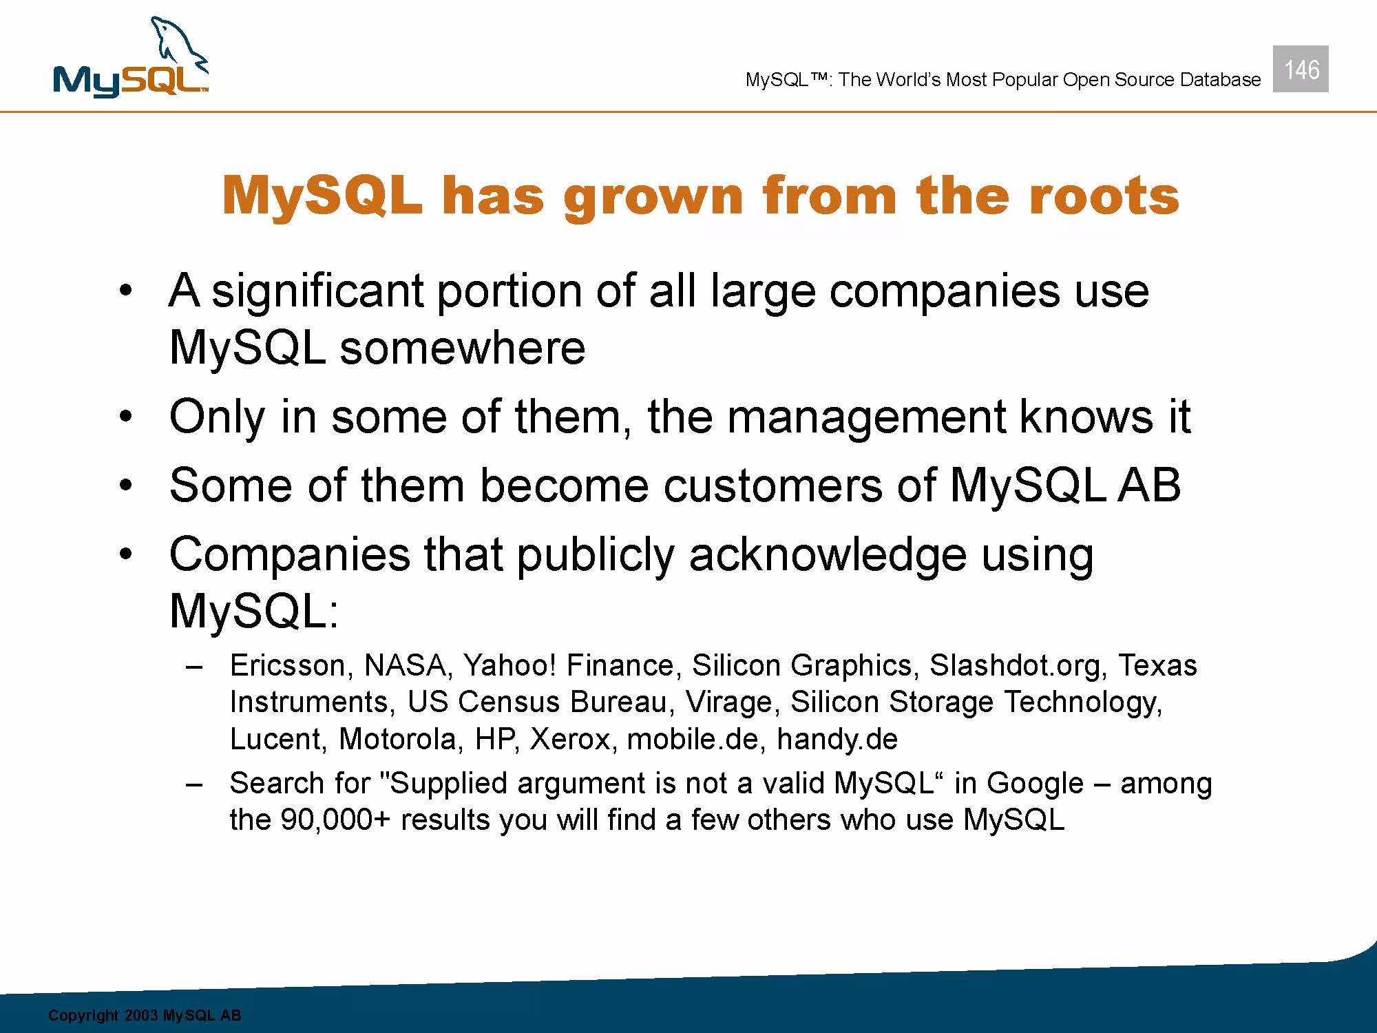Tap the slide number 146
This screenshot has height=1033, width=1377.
pos(1301,70)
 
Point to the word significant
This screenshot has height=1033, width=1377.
pos(317,292)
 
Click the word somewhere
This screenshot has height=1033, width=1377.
pos(462,347)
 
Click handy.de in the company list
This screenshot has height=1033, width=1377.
pos(837,740)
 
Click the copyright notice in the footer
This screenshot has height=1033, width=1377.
pos(145,1016)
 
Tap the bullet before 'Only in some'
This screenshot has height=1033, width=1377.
pos(125,418)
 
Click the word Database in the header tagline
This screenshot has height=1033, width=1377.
pos(1220,80)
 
